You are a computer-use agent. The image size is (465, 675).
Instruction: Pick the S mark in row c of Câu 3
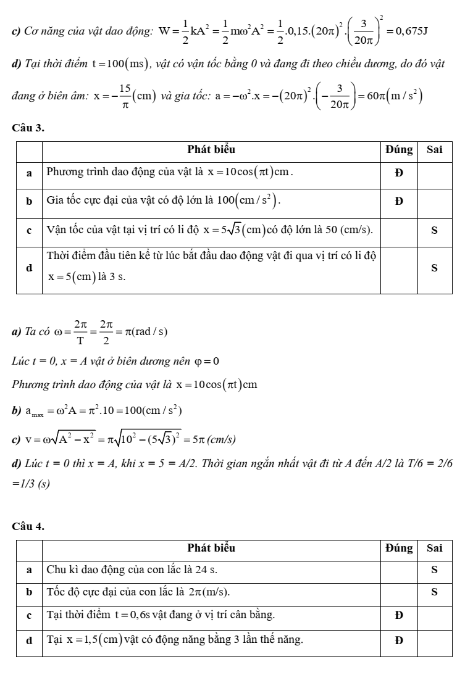tap(434, 230)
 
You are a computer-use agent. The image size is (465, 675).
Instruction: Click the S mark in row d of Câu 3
tap(434, 268)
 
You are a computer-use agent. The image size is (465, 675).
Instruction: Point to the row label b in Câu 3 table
tap(28, 201)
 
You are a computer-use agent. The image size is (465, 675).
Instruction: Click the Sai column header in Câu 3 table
tap(434, 149)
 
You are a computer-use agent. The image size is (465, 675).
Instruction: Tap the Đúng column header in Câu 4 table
tap(399, 547)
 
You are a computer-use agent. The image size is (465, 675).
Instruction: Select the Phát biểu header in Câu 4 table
tap(211, 547)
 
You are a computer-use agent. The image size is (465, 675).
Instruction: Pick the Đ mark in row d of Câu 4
tap(399, 640)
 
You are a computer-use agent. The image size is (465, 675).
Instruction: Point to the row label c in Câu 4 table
tap(28, 616)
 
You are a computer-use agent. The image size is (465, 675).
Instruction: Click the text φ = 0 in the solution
tap(206, 361)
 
